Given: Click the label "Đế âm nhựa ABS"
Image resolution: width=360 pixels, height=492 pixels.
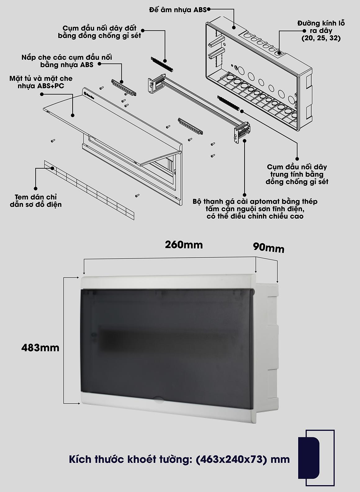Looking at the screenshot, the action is point(178,10).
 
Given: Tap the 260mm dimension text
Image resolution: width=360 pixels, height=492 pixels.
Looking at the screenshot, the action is point(184,245).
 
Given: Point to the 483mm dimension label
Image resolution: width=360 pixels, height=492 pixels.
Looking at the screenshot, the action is point(40,348).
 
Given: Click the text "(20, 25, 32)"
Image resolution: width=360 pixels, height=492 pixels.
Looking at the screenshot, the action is point(321,38).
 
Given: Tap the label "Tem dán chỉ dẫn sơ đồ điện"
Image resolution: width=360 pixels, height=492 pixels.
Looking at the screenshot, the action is point(36,201).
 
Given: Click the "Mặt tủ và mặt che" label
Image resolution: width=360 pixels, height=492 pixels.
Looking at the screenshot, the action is point(41,79).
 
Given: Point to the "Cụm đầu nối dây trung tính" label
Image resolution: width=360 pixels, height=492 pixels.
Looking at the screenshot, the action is point(297,170).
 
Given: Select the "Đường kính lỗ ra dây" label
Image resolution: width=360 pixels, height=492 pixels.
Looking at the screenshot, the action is point(321,27).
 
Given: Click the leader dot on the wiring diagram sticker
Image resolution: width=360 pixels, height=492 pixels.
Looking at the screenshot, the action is point(52,168).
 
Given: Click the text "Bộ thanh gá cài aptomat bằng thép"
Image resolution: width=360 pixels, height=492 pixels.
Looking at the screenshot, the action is point(255,201).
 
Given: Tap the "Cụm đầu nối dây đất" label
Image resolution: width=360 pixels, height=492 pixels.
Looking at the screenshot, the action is point(99,28).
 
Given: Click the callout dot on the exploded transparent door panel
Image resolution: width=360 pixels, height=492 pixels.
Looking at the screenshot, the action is point(73,115).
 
